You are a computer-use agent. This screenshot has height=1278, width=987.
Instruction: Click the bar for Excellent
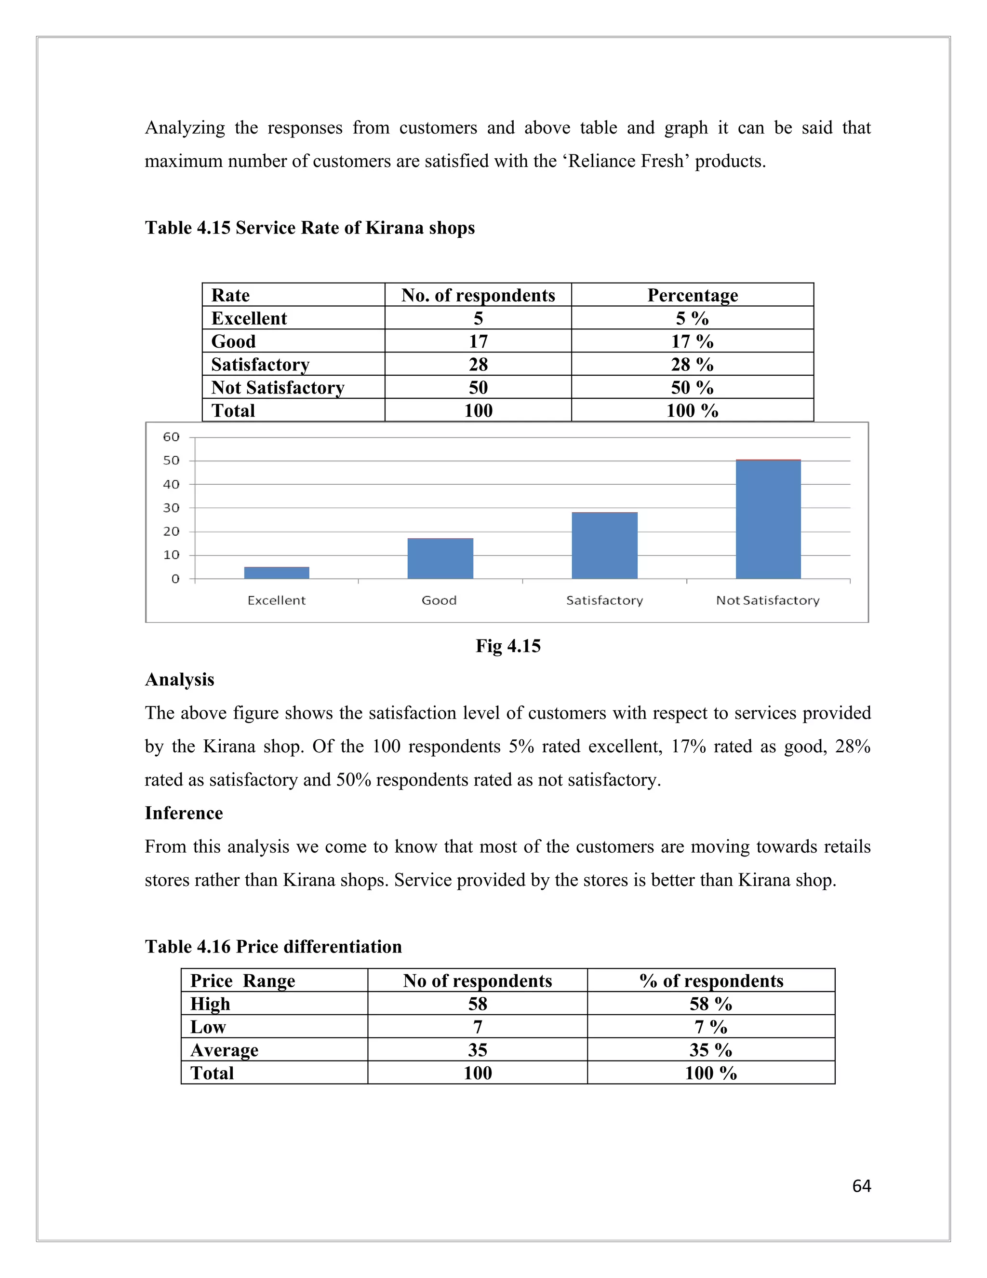click(x=277, y=572)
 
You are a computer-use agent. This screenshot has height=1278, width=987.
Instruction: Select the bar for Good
click(x=440, y=558)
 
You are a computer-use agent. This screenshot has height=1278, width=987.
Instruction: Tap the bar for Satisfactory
click(x=605, y=545)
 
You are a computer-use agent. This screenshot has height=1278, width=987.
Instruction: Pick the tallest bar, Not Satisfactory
click(x=768, y=519)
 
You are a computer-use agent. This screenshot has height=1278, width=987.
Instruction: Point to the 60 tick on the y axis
click(x=171, y=437)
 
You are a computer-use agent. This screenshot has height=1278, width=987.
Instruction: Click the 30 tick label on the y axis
click(x=171, y=508)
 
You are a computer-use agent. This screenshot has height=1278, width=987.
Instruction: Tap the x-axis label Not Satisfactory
click(x=768, y=600)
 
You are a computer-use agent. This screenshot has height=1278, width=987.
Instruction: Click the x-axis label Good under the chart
click(x=439, y=600)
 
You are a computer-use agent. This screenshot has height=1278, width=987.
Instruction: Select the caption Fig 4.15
click(x=507, y=646)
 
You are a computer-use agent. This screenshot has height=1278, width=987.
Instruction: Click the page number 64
click(x=861, y=1186)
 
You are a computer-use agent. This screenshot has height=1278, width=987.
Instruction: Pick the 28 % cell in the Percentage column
click(x=693, y=365)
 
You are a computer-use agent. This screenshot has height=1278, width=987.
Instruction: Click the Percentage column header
click(x=693, y=296)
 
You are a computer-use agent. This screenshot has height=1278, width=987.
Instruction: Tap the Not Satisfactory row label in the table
click(x=278, y=387)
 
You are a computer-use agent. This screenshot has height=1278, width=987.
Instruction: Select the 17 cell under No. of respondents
click(x=478, y=341)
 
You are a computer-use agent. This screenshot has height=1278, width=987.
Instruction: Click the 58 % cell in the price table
click(x=710, y=1004)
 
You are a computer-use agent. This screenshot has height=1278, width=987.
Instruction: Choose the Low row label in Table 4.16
click(x=208, y=1027)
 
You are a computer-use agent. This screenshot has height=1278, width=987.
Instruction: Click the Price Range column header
click(x=243, y=981)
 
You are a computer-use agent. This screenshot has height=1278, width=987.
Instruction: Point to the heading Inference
click(x=184, y=814)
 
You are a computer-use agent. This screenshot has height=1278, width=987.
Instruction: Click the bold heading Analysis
click(x=179, y=680)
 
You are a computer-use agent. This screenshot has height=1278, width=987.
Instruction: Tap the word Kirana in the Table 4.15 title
click(x=395, y=228)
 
